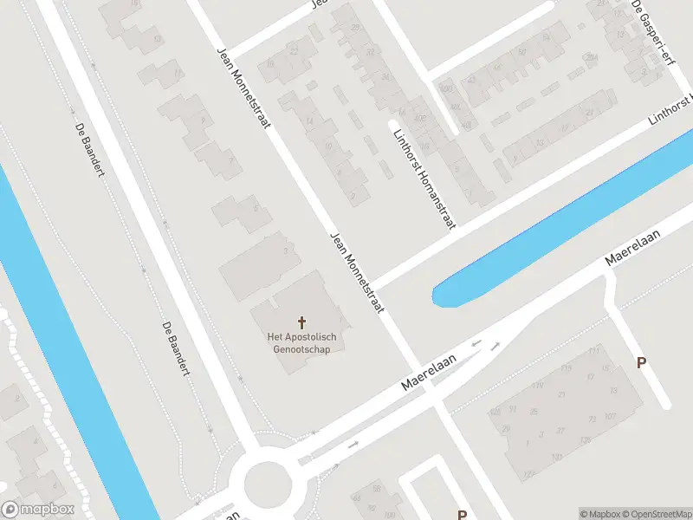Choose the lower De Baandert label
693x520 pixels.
(175, 348)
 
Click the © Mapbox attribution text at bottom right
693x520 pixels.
(599, 514)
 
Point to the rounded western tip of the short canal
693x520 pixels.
(440, 296)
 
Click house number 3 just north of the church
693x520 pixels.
(286, 250)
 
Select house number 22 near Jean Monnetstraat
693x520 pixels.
(294, 51)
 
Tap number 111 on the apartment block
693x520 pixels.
(593, 351)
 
